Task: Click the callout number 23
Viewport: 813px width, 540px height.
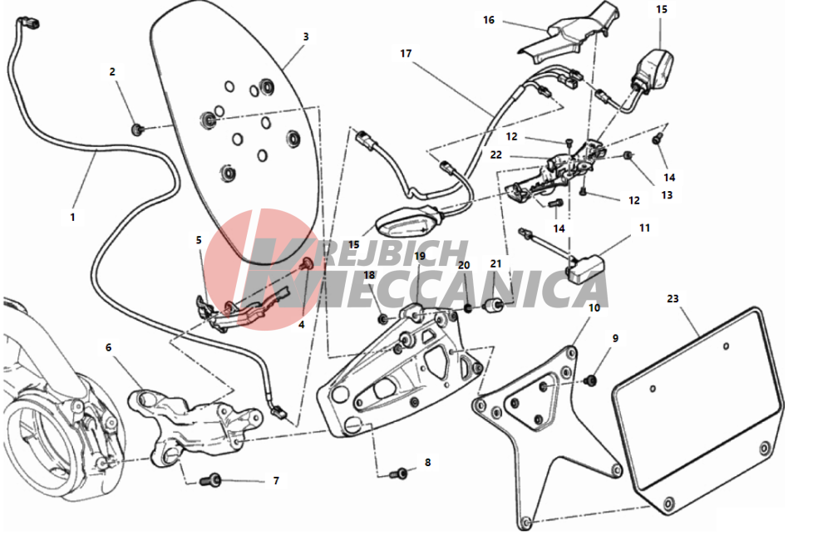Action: tap(673, 298)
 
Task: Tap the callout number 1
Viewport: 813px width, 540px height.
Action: tap(72, 217)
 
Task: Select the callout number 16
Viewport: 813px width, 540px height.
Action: tap(489, 20)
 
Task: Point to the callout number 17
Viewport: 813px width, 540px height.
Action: tap(406, 53)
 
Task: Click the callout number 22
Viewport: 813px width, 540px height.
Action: tap(496, 155)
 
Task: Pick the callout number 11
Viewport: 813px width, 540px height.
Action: tap(644, 228)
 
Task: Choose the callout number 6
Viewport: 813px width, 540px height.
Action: tap(108, 346)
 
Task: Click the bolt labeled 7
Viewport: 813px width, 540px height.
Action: tap(210, 480)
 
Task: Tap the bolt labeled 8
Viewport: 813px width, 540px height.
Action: tap(399, 473)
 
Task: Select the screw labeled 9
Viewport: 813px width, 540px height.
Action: tap(589, 380)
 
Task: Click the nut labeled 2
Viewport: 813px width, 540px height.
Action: tap(137, 129)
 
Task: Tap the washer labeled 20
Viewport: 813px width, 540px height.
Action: tap(468, 308)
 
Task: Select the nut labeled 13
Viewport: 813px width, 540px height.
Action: tap(628, 155)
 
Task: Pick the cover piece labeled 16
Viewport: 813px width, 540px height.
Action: tap(569, 32)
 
